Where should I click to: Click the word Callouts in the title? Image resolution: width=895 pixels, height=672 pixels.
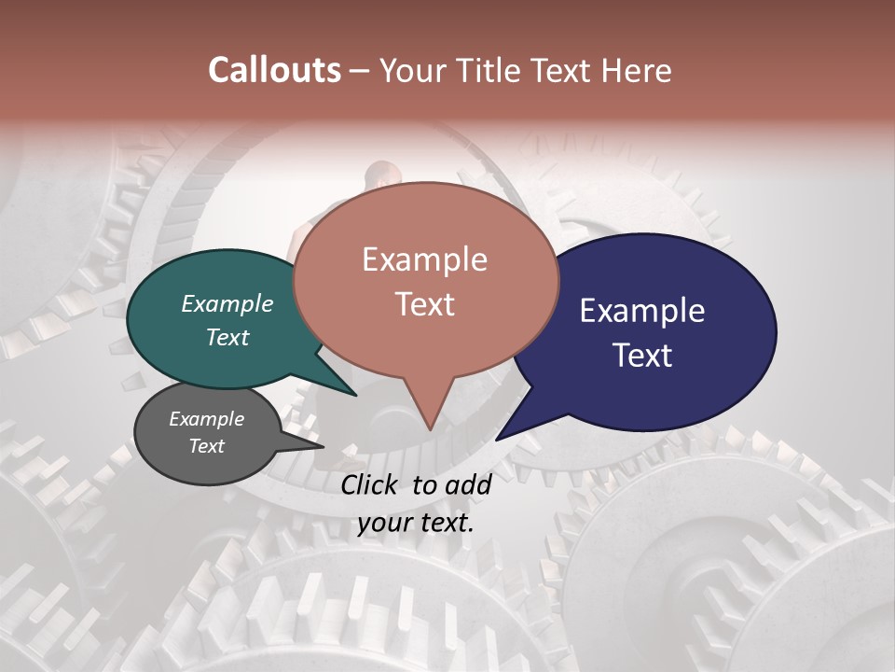pyautogui.click(x=274, y=70)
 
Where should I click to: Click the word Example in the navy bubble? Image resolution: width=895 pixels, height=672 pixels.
pyautogui.click(x=642, y=311)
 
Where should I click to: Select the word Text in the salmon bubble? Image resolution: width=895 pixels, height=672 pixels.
pyautogui.click(x=425, y=304)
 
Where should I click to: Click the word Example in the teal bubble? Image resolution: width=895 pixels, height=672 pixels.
pyautogui.click(x=227, y=303)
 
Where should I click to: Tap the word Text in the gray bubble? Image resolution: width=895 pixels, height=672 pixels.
pyautogui.click(x=207, y=446)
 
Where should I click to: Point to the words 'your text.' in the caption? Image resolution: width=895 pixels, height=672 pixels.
pyautogui.click(x=416, y=523)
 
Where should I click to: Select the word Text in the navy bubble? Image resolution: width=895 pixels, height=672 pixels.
pyautogui.click(x=642, y=356)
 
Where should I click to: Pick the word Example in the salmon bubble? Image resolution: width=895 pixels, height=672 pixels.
pyautogui.click(x=425, y=259)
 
